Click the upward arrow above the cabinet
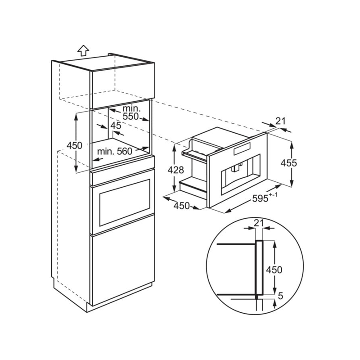[x=83, y=50]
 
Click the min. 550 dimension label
[x=131, y=112]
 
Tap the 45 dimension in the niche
[x=116, y=126]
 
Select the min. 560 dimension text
[x=115, y=151]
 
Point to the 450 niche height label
[x=74, y=145]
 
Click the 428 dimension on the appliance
[x=175, y=170]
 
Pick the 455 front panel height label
[x=288, y=163]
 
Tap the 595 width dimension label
[x=260, y=198]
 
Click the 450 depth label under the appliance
[x=181, y=206]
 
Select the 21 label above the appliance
[x=280, y=121]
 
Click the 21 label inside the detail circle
[x=259, y=223]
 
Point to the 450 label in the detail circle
[x=274, y=270]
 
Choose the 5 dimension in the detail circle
[x=280, y=296]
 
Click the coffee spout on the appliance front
[x=236, y=167]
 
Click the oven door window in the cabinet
[x=125, y=203]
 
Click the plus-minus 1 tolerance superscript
[x=273, y=195]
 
